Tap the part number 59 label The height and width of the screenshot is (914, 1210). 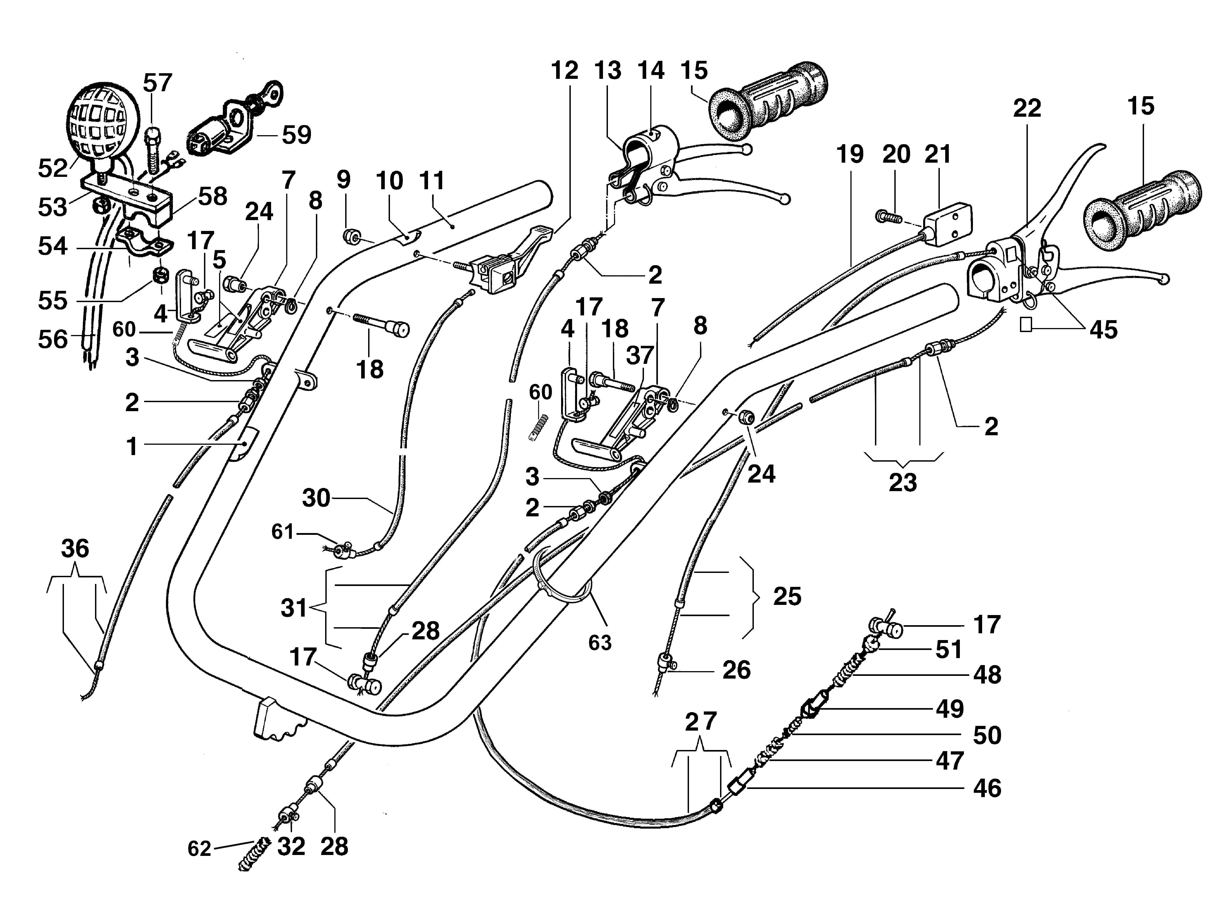click(x=297, y=135)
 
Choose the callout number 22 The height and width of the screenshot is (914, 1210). click(x=1027, y=108)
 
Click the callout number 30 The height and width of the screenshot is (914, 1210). click(x=316, y=498)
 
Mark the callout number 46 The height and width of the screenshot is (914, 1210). click(x=987, y=788)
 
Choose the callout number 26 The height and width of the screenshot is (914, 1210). click(x=736, y=670)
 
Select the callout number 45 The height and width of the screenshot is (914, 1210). click(x=1103, y=329)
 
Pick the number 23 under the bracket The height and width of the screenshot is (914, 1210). click(x=903, y=483)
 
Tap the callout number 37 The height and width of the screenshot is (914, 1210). click(x=639, y=356)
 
